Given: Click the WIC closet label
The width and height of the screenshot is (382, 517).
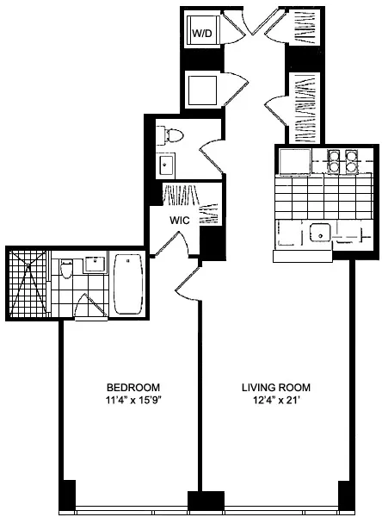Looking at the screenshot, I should (179, 220).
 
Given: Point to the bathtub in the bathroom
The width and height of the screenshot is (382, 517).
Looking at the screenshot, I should (129, 284).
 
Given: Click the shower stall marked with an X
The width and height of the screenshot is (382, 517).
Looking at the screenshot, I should (28, 283).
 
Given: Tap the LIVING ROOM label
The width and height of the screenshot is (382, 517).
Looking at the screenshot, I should (275, 387).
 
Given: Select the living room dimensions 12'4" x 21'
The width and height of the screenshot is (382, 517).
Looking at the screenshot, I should (275, 400).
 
